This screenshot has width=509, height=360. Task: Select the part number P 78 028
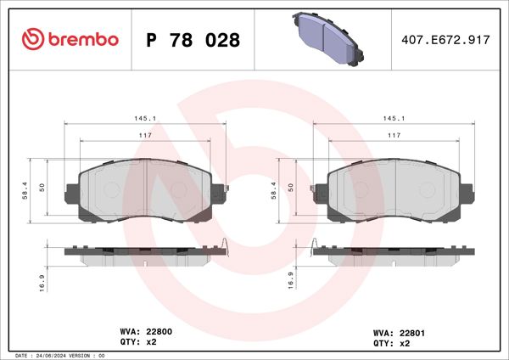click(193, 40)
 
